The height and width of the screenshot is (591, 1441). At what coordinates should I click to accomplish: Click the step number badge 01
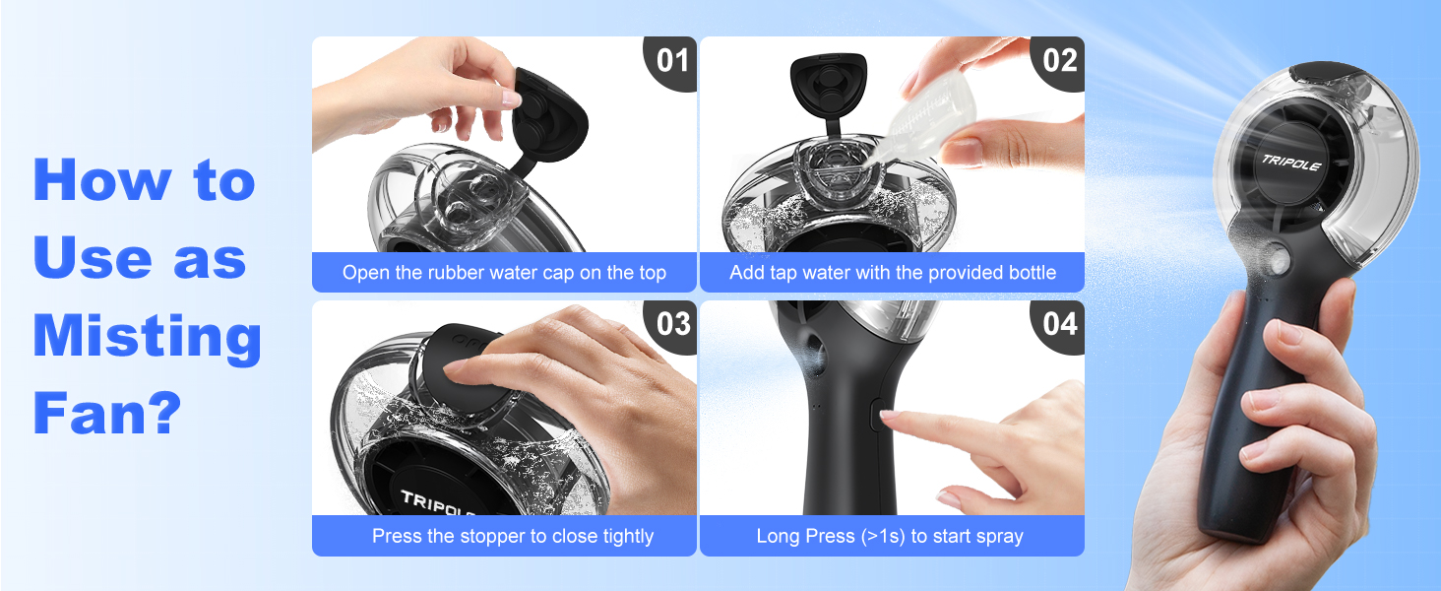(x=672, y=60)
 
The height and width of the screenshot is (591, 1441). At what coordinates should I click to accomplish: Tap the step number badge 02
(x=1059, y=60)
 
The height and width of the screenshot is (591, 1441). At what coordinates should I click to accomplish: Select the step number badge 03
(x=672, y=324)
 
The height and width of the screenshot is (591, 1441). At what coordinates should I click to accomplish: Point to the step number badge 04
(x=1059, y=324)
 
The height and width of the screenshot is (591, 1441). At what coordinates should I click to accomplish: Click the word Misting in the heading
(x=147, y=337)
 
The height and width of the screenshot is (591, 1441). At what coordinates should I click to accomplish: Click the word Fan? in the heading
(x=108, y=414)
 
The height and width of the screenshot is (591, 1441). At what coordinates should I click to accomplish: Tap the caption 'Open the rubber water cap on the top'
(x=504, y=273)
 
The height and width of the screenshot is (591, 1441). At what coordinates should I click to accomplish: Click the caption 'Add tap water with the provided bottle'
(x=892, y=273)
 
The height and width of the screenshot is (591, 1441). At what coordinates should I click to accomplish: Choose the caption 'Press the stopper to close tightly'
(x=512, y=537)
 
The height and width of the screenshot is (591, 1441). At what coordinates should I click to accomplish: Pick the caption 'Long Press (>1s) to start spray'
(x=890, y=537)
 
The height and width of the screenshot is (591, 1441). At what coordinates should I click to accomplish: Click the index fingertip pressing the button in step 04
(x=889, y=418)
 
